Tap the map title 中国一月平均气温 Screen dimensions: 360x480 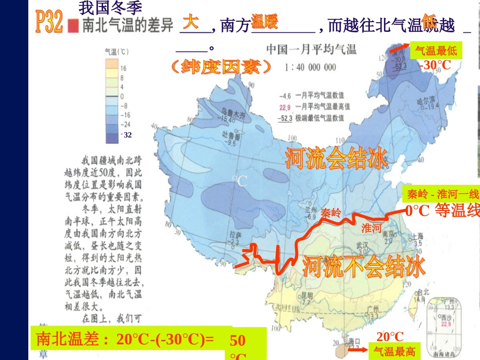tap(311, 49)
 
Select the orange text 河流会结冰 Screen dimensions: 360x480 tap(336, 158)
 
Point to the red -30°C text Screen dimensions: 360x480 tap(435, 65)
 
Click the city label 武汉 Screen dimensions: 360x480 tap(362, 245)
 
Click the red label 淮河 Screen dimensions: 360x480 tap(371, 228)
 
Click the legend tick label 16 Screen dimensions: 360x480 tap(123, 68)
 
